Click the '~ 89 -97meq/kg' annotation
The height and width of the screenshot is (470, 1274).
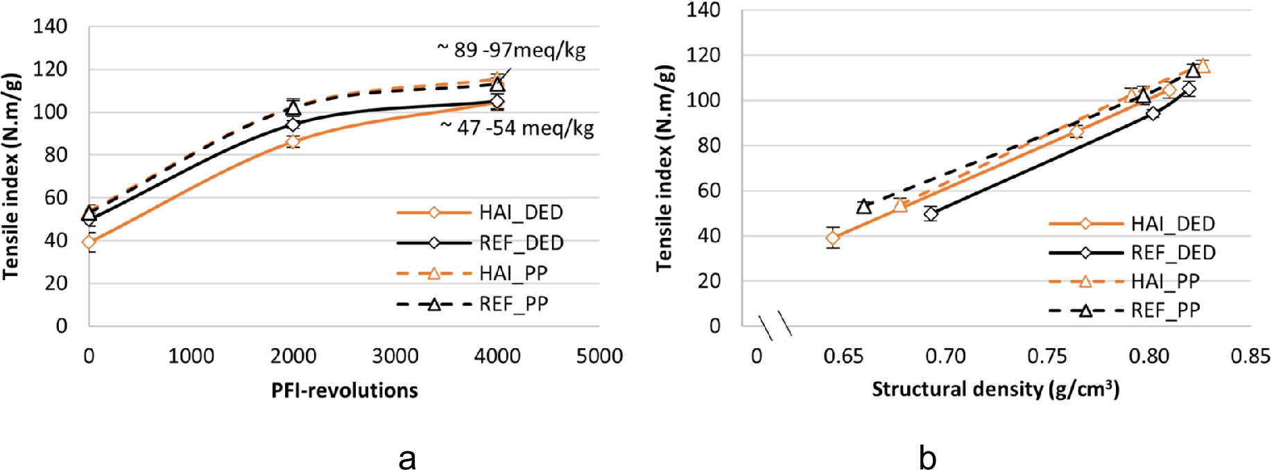pyautogui.click(x=510, y=50)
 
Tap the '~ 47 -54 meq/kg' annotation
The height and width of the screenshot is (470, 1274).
pyautogui.click(x=517, y=128)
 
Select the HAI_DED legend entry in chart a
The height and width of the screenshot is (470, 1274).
pyautogui.click(x=479, y=212)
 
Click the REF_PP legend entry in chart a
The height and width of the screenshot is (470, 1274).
pyautogui.click(x=472, y=304)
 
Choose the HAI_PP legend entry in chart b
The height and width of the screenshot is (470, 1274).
pyautogui.click(x=1124, y=281)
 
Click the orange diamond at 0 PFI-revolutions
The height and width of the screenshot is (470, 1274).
pyautogui.click(x=89, y=242)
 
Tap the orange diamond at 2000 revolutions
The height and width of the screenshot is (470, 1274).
pyautogui.click(x=293, y=141)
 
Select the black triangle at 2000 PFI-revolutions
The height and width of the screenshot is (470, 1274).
pyautogui.click(x=293, y=108)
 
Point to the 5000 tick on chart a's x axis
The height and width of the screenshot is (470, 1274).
pyautogui.click(x=599, y=356)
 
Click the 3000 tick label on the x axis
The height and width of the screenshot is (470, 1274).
pyautogui.click(x=395, y=356)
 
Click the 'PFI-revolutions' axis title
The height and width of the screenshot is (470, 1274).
pyautogui.click(x=345, y=390)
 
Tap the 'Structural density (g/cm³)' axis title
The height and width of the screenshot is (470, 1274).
pyautogui.click(x=995, y=389)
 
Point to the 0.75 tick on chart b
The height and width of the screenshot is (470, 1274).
pyautogui.click(x=1047, y=356)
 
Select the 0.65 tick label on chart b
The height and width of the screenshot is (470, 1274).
pyautogui.click(x=843, y=356)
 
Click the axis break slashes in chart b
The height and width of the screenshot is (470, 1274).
pyautogui.click(x=775, y=325)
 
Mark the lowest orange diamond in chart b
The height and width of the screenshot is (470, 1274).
pyautogui.click(x=833, y=238)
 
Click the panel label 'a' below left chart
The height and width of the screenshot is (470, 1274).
pyautogui.click(x=407, y=458)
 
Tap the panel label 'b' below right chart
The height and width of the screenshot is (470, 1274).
pyautogui.click(x=927, y=458)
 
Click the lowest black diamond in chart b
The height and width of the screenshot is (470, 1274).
pyautogui.click(x=931, y=214)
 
